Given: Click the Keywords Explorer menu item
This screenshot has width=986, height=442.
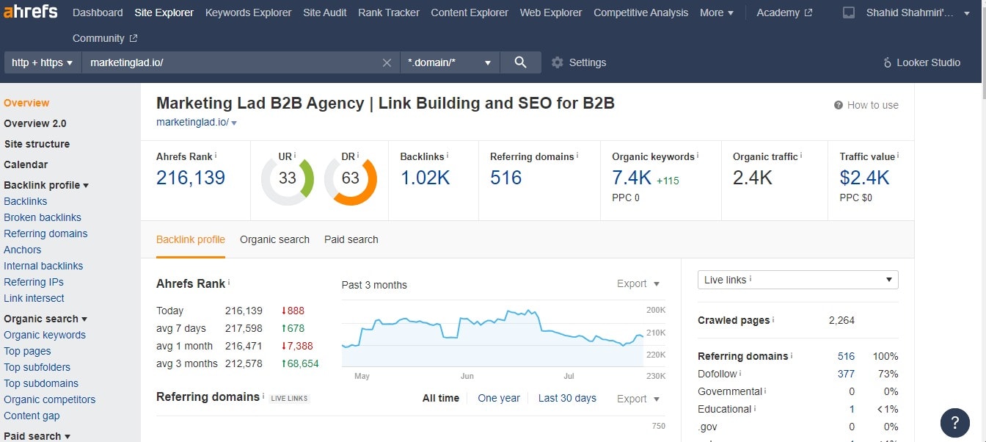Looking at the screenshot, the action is tap(248, 12).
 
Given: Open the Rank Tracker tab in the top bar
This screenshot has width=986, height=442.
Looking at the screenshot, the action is tap(388, 12).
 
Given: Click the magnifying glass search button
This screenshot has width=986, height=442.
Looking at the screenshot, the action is tap(520, 62).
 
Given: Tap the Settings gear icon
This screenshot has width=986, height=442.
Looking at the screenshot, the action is tap(558, 62).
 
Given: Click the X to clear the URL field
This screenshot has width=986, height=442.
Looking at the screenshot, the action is tap(387, 62).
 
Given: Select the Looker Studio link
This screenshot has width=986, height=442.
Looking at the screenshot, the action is tap(922, 62).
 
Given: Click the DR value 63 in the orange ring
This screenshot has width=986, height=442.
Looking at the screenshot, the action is tap(351, 178).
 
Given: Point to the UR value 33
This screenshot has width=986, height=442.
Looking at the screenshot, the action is tap(287, 178).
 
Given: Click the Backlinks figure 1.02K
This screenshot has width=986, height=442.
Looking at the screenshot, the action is tap(425, 178).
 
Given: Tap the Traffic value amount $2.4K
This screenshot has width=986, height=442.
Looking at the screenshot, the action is tap(864, 178).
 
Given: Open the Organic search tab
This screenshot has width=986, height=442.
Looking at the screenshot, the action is tap(274, 239).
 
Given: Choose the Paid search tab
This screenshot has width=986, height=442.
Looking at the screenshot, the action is tap(351, 239).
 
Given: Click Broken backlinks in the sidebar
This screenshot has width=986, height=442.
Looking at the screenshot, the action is tap(43, 217).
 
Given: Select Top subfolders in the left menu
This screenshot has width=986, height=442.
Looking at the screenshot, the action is tap(37, 367).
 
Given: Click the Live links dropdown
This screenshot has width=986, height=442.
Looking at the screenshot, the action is tap(797, 280).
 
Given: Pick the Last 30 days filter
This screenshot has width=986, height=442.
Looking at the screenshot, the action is tap(567, 398).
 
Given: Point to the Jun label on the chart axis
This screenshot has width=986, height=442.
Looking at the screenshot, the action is tap(467, 376).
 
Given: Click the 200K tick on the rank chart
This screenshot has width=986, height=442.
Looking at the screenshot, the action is tap(656, 310).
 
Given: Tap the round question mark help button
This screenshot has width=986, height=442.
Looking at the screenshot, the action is tap(954, 423).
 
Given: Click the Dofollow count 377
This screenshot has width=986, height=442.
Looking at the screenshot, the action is tap(846, 374).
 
